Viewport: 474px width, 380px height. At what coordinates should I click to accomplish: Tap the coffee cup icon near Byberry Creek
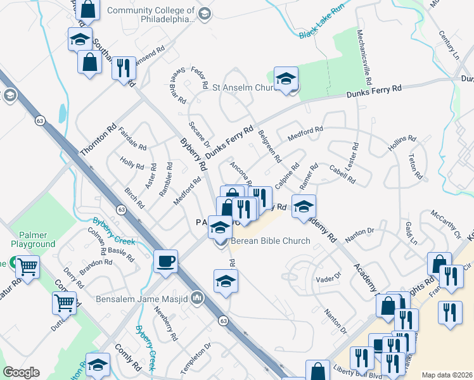point(166,262)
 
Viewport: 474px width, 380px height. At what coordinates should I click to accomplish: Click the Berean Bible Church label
point(270,241)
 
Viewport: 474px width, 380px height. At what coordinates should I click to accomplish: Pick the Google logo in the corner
point(21,372)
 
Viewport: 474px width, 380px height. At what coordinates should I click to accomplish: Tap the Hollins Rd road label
point(400,145)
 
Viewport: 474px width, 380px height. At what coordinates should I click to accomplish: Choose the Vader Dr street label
point(328,277)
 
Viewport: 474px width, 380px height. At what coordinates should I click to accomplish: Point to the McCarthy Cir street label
point(445,229)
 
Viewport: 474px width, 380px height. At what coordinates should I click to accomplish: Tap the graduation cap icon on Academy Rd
point(304,206)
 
